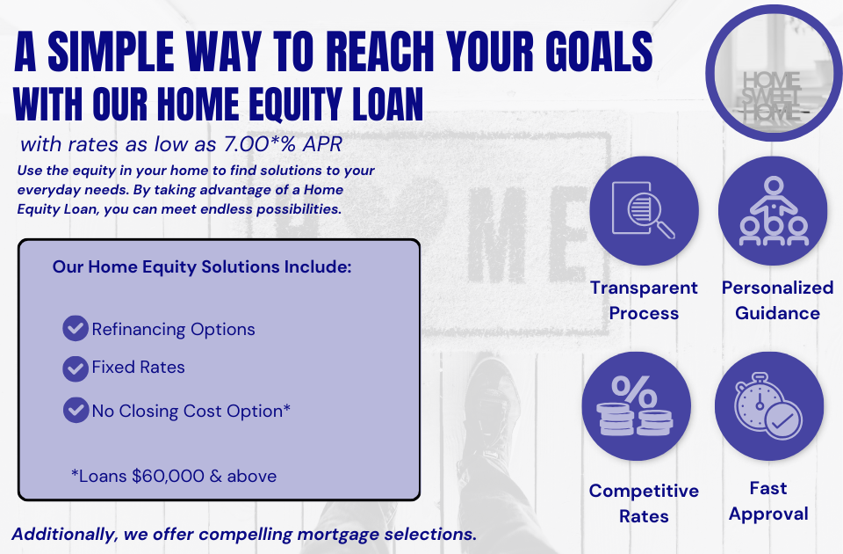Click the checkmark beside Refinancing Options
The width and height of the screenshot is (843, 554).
[x=76, y=329]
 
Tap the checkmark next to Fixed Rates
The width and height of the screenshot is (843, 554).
[x=76, y=368]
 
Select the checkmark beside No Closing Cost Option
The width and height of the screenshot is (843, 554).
[x=76, y=410]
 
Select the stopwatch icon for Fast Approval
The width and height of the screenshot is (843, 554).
[x=768, y=405]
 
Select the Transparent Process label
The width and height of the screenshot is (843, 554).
[x=644, y=300]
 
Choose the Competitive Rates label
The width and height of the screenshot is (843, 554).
[x=644, y=503]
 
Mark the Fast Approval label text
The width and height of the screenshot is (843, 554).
[x=768, y=500]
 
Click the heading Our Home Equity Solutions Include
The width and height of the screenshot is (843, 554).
[x=202, y=266]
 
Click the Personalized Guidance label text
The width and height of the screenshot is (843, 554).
[x=777, y=300]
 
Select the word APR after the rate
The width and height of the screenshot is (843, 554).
[x=320, y=144]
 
